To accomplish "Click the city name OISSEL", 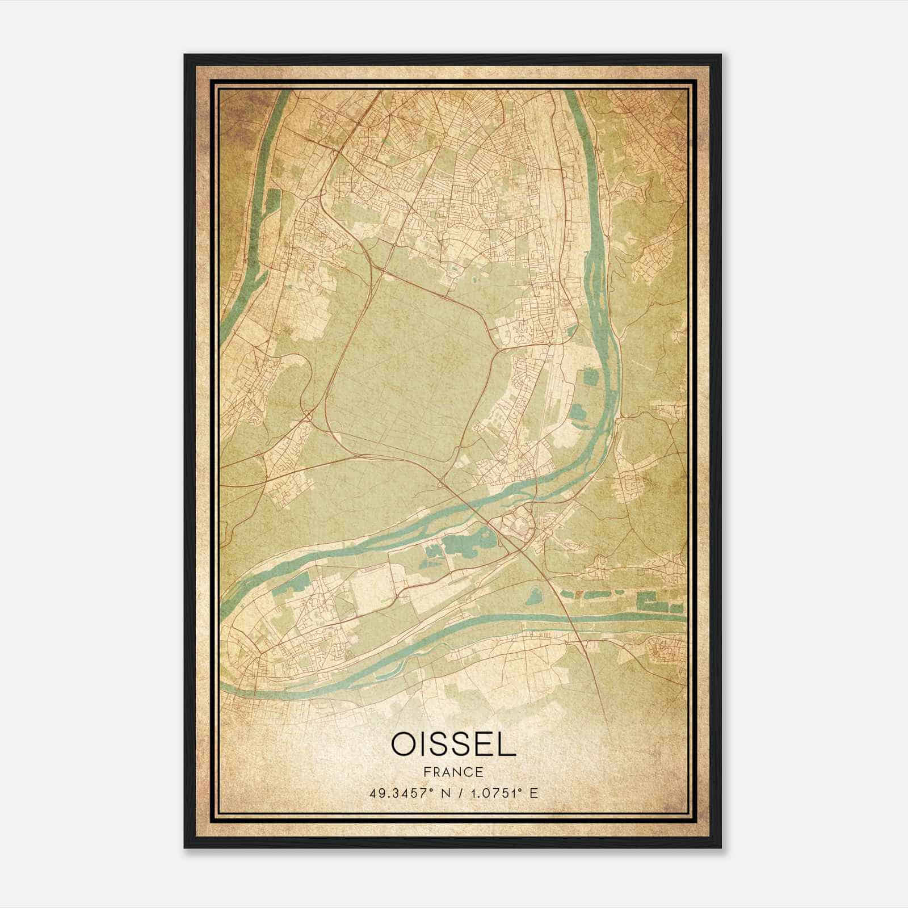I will [x=453, y=745].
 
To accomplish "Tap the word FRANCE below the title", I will [x=453, y=772].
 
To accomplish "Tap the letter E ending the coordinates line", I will [x=533, y=793].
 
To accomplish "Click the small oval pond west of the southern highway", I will [x=533, y=596].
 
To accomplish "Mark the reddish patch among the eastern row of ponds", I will [x=579, y=594].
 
